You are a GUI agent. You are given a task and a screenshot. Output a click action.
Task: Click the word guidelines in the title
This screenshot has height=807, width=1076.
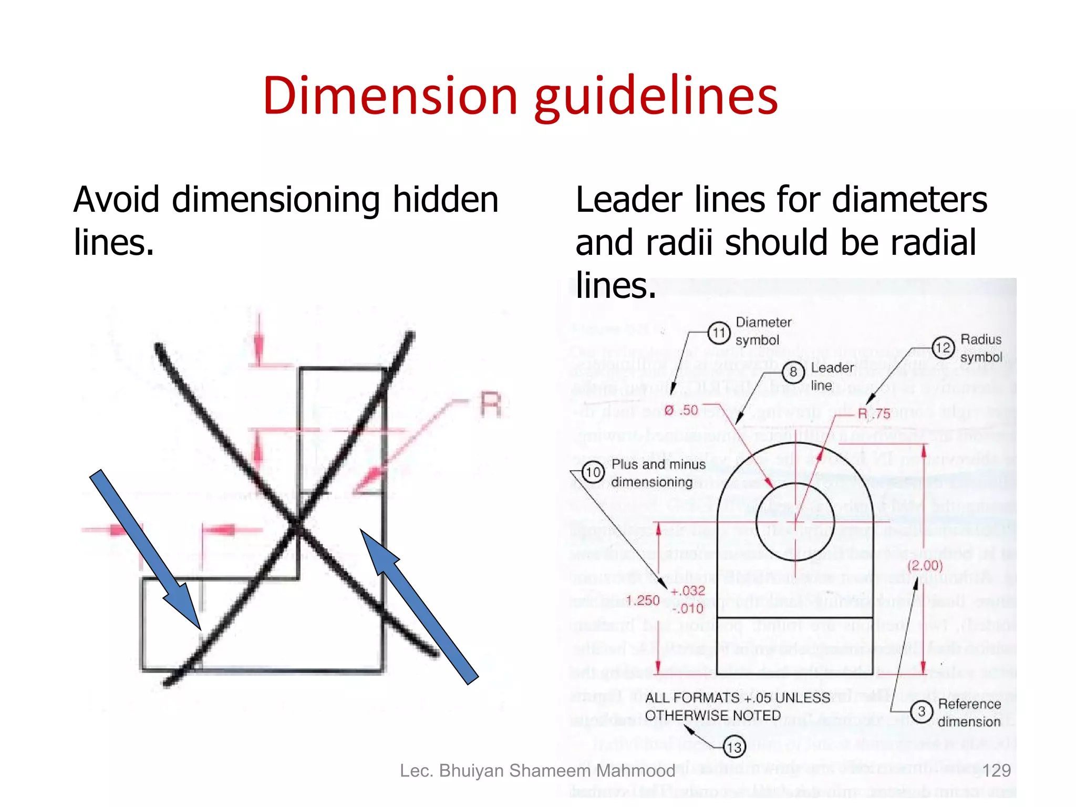pyautogui.click(x=656, y=98)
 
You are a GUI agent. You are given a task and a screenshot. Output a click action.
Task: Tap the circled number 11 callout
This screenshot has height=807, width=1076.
pyautogui.click(x=718, y=333)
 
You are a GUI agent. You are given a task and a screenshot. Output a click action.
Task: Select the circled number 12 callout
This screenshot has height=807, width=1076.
pyautogui.click(x=943, y=348)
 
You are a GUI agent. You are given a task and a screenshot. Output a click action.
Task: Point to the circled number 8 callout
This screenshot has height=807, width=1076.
pyautogui.click(x=793, y=373)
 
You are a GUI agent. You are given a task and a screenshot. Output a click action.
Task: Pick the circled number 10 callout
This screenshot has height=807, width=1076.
pyautogui.click(x=593, y=472)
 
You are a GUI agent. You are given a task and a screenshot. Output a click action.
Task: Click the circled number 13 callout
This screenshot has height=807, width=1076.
pyautogui.click(x=734, y=747)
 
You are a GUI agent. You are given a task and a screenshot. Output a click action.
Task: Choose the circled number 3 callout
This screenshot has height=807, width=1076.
pyautogui.click(x=922, y=712)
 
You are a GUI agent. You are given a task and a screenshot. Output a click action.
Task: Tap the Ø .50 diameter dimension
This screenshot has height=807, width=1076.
pyautogui.click(x=681, y=410)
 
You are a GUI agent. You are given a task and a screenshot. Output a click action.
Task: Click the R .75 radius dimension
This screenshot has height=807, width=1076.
pyautogui.click(x=874, y=414)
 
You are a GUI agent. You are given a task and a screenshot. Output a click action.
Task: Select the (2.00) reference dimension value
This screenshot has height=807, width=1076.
pyautogui.click(x=925, y=566)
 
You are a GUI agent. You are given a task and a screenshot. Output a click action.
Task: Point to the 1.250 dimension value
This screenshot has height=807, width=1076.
pyautogui.click(x=643, y=601)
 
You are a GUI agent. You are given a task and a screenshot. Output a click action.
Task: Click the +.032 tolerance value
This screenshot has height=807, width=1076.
pyautogui.click(x=688, y=591)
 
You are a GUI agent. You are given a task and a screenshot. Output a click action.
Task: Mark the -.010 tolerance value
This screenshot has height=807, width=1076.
pyautogui.click(x=687, y=609)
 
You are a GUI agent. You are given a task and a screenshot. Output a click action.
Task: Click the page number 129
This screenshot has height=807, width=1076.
pyautogui.click(x=996, y=771)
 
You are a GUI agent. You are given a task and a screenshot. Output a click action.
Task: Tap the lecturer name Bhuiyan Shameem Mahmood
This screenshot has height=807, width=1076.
pyautogui.click(x=557, y=771)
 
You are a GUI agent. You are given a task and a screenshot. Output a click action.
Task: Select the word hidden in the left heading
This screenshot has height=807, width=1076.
pyautogui.click(x=446, y=200)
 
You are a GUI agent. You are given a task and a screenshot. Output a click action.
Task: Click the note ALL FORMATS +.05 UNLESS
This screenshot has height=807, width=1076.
pyautogui.click(x=738, y=698)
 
